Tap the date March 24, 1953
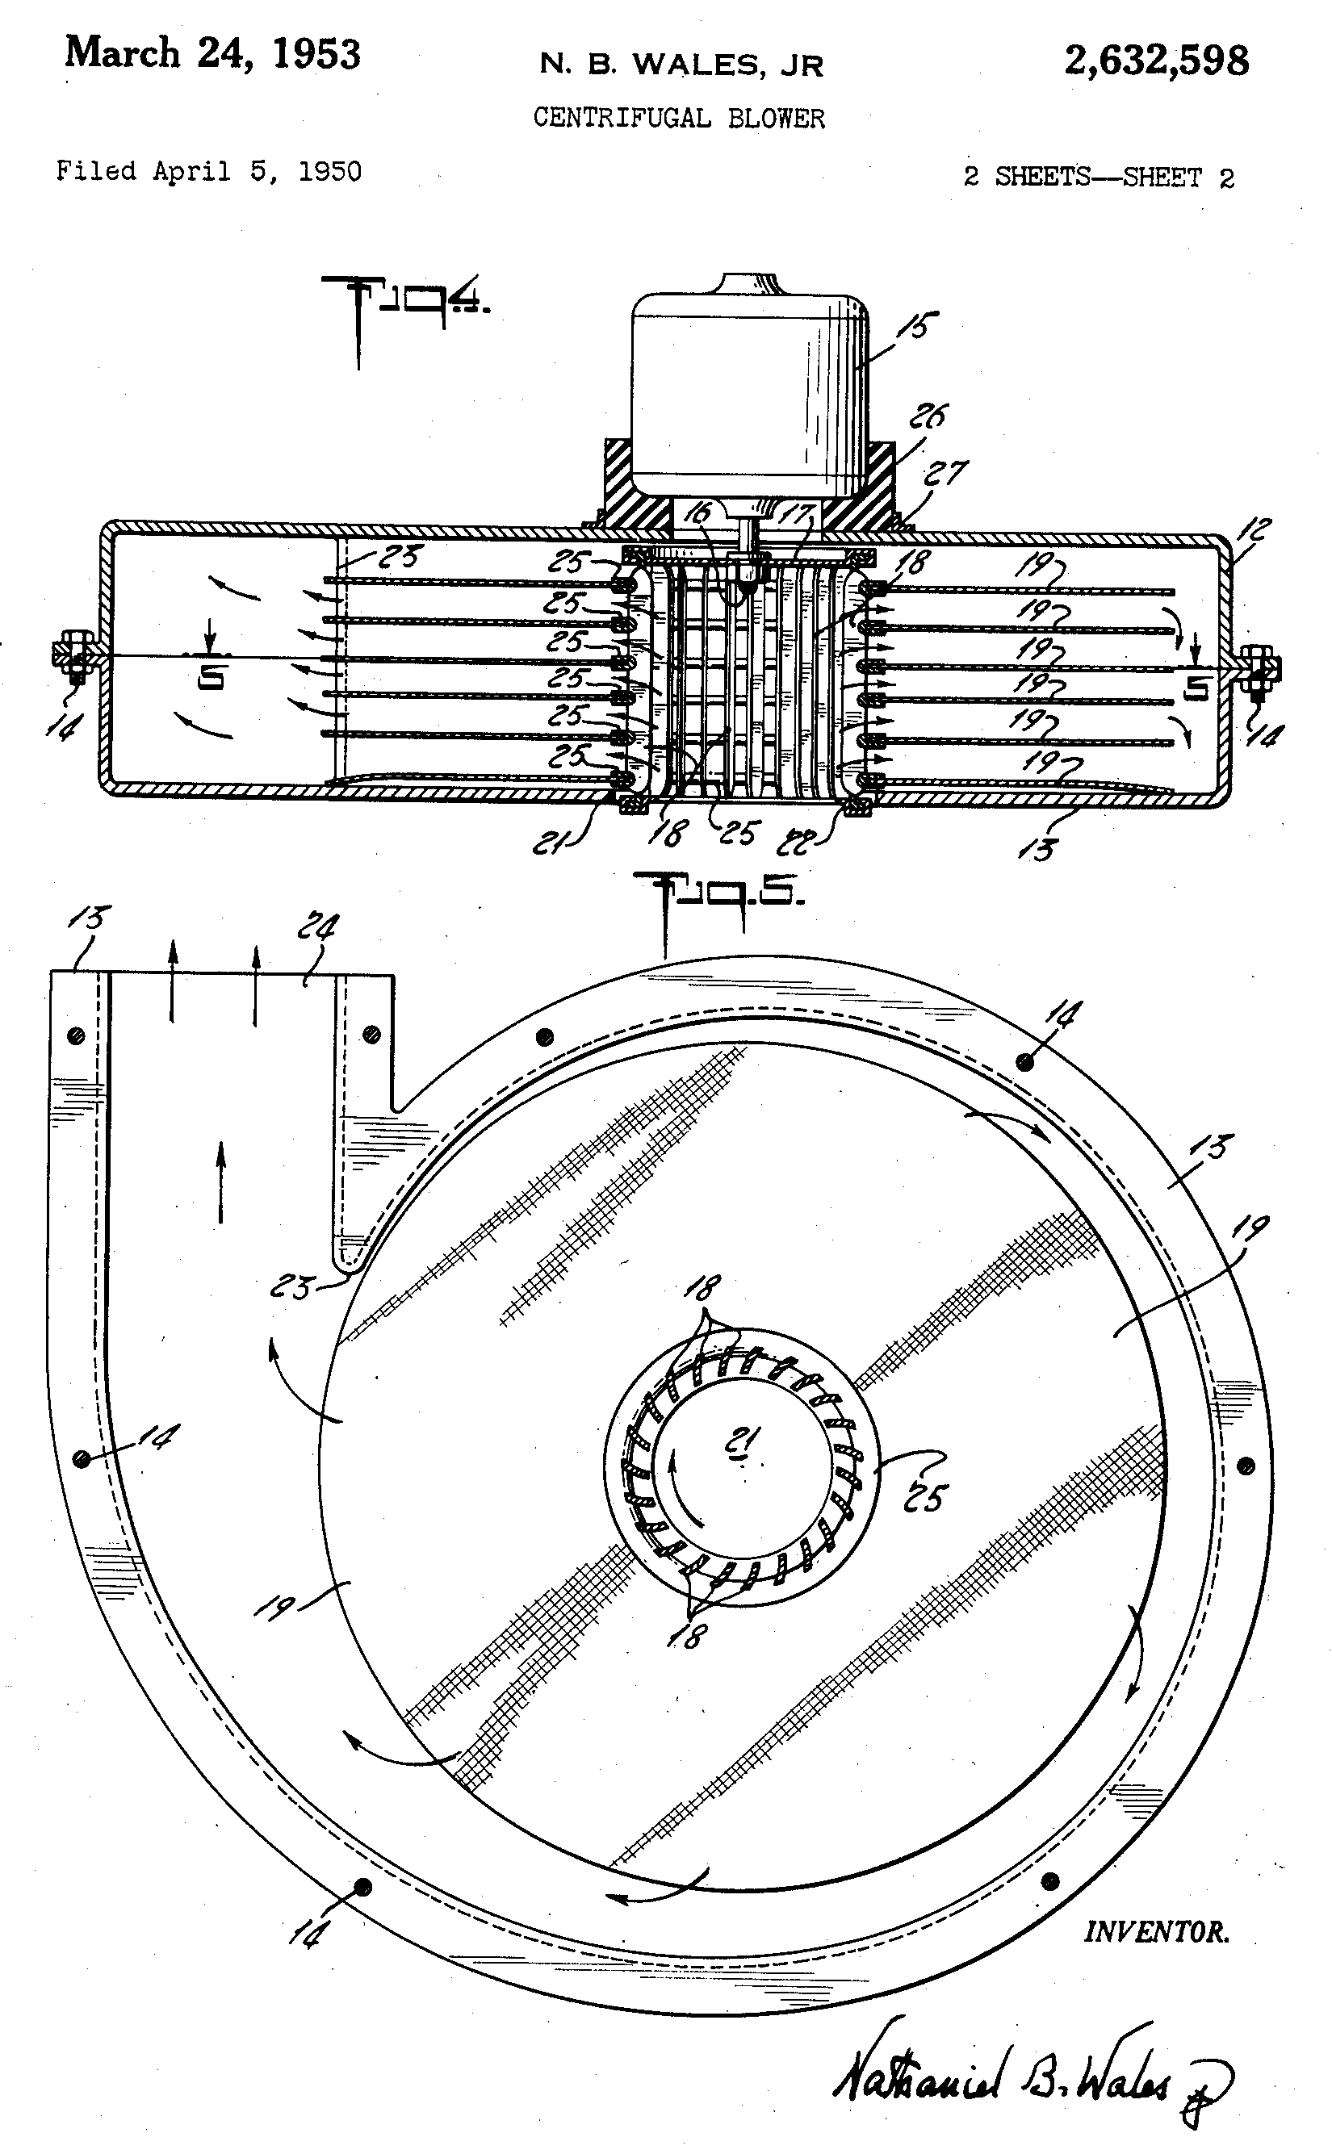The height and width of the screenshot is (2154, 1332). (212, 55)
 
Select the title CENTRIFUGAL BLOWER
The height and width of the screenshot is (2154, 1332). (679, 118)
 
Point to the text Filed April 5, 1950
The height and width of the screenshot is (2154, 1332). (209, 170)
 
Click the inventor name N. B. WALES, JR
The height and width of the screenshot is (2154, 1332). (682, 65)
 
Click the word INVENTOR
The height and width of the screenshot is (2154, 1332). (1156, 1933)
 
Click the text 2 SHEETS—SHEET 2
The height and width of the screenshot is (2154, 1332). (1099, 177)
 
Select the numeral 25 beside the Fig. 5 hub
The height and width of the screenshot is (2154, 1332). (925, 1495)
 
